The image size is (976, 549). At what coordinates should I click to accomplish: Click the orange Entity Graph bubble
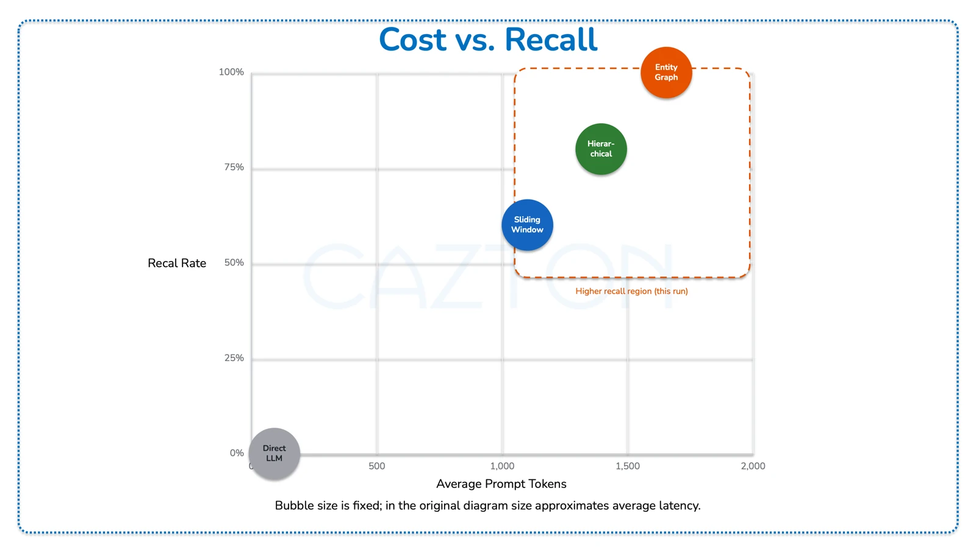[x=666, y=73]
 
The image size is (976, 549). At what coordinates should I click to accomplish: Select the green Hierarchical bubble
[x=601, y=149]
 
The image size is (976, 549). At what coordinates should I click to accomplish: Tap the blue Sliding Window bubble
[x=527, y=224]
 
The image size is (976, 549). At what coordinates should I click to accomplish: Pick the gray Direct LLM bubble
[x=274, y=453]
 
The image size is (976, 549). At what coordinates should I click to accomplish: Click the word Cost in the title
[x=412, y=40]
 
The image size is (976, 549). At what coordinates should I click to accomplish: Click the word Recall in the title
[x=551, y=40]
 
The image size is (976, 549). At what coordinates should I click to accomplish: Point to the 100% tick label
[x=231, y=72]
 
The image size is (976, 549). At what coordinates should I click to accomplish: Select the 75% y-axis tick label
[x=234, y=167]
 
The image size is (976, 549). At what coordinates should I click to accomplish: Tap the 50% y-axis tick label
[x=234, y=262]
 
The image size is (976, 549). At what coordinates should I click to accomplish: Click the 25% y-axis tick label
[x=234, y=358]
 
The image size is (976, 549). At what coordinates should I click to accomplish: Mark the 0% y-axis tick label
[x=237, y=453]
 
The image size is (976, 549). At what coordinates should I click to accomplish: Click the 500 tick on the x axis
[x=377, y=466]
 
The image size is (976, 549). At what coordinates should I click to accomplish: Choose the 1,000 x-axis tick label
[x=502, y=466]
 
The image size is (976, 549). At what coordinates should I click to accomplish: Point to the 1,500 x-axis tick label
[x=628, y=466]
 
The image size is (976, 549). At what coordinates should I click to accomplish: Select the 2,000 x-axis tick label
[x=753, y=466]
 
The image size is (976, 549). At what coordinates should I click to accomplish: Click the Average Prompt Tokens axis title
[x=501, y=484]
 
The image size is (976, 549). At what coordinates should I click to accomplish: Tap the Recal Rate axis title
[x=177, y=263]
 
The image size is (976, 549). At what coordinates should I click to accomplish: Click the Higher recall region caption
[x=631, y=291]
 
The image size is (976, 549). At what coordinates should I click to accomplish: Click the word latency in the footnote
[x=679, y=506]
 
